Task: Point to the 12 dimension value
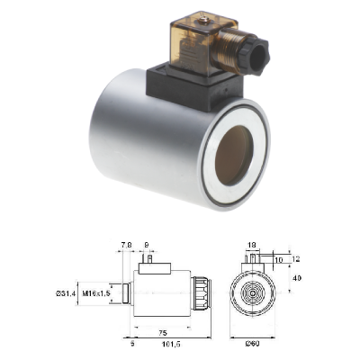(x=293, y=259)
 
